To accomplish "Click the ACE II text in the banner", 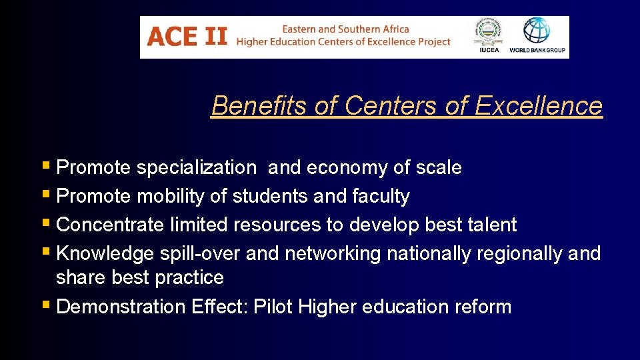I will [x=187, y=36].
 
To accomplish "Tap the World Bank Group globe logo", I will [x=537, y=31].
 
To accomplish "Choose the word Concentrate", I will [x=110, y=225].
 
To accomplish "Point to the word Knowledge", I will [x=105, y=253].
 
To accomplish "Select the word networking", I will [x=333, y=254].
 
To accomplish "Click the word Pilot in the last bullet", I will [x=274, y=307].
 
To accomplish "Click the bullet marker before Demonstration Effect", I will [x=47, y=306].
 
